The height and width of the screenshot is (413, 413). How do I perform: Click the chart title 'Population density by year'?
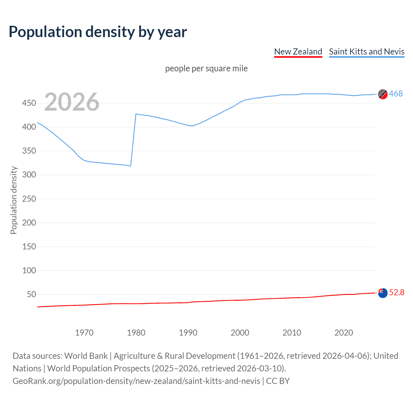coord(98,32)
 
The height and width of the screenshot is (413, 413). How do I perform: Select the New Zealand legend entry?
coord(298,52)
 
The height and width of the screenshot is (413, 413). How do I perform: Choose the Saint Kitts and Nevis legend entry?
coord(367,52)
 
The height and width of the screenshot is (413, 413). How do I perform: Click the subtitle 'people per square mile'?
coord(206,68)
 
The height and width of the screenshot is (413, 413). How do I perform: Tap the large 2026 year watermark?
coord(72,102)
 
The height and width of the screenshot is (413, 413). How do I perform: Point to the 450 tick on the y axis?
coord(29,103)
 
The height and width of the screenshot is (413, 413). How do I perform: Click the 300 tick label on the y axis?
coord(29,175)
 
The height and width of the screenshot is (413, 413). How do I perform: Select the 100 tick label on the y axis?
coord(29,270)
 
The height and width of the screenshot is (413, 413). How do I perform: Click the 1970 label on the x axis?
coord(84,333)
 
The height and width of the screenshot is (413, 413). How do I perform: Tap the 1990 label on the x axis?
coord(188,333)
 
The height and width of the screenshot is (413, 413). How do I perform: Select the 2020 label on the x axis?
coord(344,333)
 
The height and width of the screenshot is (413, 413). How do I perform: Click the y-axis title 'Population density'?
coord(14,200)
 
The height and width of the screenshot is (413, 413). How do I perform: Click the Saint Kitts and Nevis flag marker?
coord(383,94)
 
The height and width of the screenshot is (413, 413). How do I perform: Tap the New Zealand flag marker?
coord(383,293)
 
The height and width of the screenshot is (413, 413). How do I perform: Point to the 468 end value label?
coord(396,94)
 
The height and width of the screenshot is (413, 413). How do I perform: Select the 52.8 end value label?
coord(397,292)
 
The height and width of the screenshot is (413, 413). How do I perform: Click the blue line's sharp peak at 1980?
coord(136,114)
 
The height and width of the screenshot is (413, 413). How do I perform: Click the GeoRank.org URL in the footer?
coord(136,381)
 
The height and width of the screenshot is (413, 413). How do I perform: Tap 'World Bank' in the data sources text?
coord(86,356)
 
